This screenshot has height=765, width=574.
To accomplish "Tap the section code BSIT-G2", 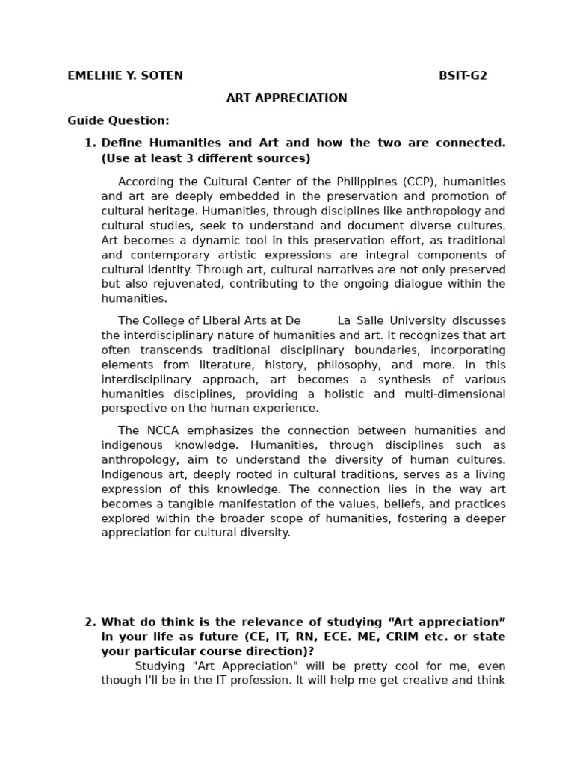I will pos(463,76).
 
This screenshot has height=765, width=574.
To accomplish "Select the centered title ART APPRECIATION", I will pos(287,99).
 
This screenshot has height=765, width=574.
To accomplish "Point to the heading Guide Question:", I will pos(118,120).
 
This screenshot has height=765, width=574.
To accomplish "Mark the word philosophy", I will pos(349,365).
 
